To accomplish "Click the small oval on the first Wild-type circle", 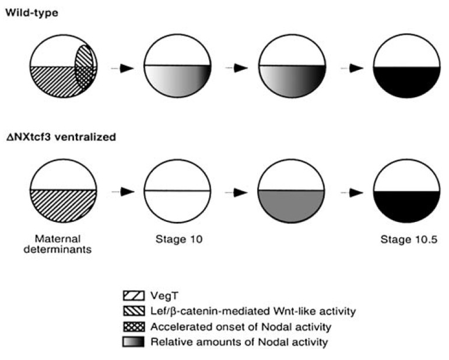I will pos(85,68).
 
